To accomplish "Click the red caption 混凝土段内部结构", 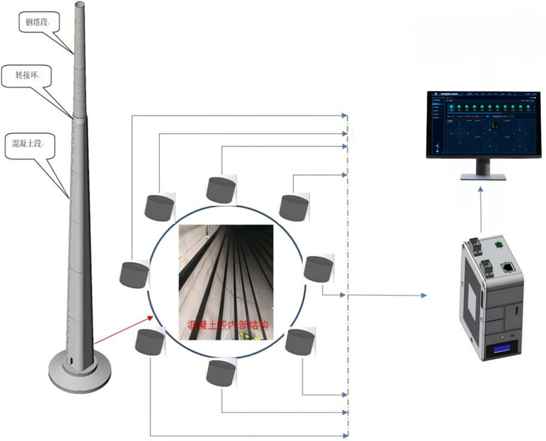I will point(229,325).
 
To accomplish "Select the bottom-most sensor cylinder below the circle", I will point(221,372).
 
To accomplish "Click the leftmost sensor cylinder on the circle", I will point(133,275).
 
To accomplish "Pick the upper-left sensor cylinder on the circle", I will point(159,207).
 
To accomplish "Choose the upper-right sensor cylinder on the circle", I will point(295,205).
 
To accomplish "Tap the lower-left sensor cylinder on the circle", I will point(150,343).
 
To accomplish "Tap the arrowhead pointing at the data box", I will point(422,295).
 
